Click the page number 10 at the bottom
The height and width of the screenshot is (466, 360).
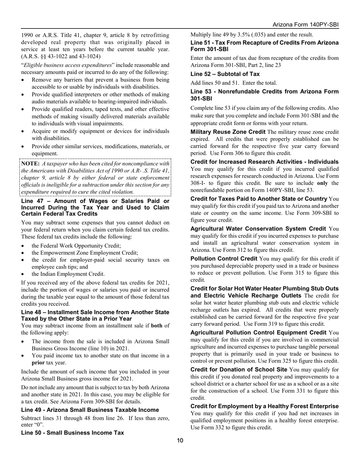coord(180,440)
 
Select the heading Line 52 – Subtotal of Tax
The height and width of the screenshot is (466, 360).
coord(225,74)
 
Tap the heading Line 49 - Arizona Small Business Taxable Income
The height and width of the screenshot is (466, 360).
coord(90,410)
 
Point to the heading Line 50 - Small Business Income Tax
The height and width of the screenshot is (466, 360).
coord(72,433)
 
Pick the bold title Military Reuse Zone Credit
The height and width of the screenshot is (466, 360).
coord(228,132)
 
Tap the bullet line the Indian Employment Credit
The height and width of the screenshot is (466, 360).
coord(68,274)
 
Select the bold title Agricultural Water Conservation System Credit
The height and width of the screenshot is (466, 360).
coord(258,229)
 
